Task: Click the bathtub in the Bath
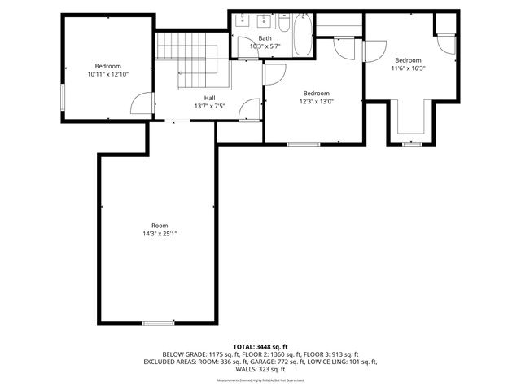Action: (301, 35)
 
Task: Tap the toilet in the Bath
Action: (283, 24)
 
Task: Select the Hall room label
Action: (209, 98)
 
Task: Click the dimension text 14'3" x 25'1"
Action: (159, 234)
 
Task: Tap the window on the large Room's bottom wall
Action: (158, 323)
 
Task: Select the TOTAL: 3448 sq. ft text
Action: (260, 346)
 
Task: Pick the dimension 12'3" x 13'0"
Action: (317, 101)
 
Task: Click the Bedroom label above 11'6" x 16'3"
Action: (408, 59)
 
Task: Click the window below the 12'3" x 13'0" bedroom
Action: (303, 144)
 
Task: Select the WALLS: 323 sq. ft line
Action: (260, 369)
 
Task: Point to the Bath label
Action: (265, 38)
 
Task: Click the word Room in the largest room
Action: (159, 226)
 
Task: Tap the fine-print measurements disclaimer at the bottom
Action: (260, 380)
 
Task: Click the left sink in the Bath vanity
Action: (243, 22)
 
